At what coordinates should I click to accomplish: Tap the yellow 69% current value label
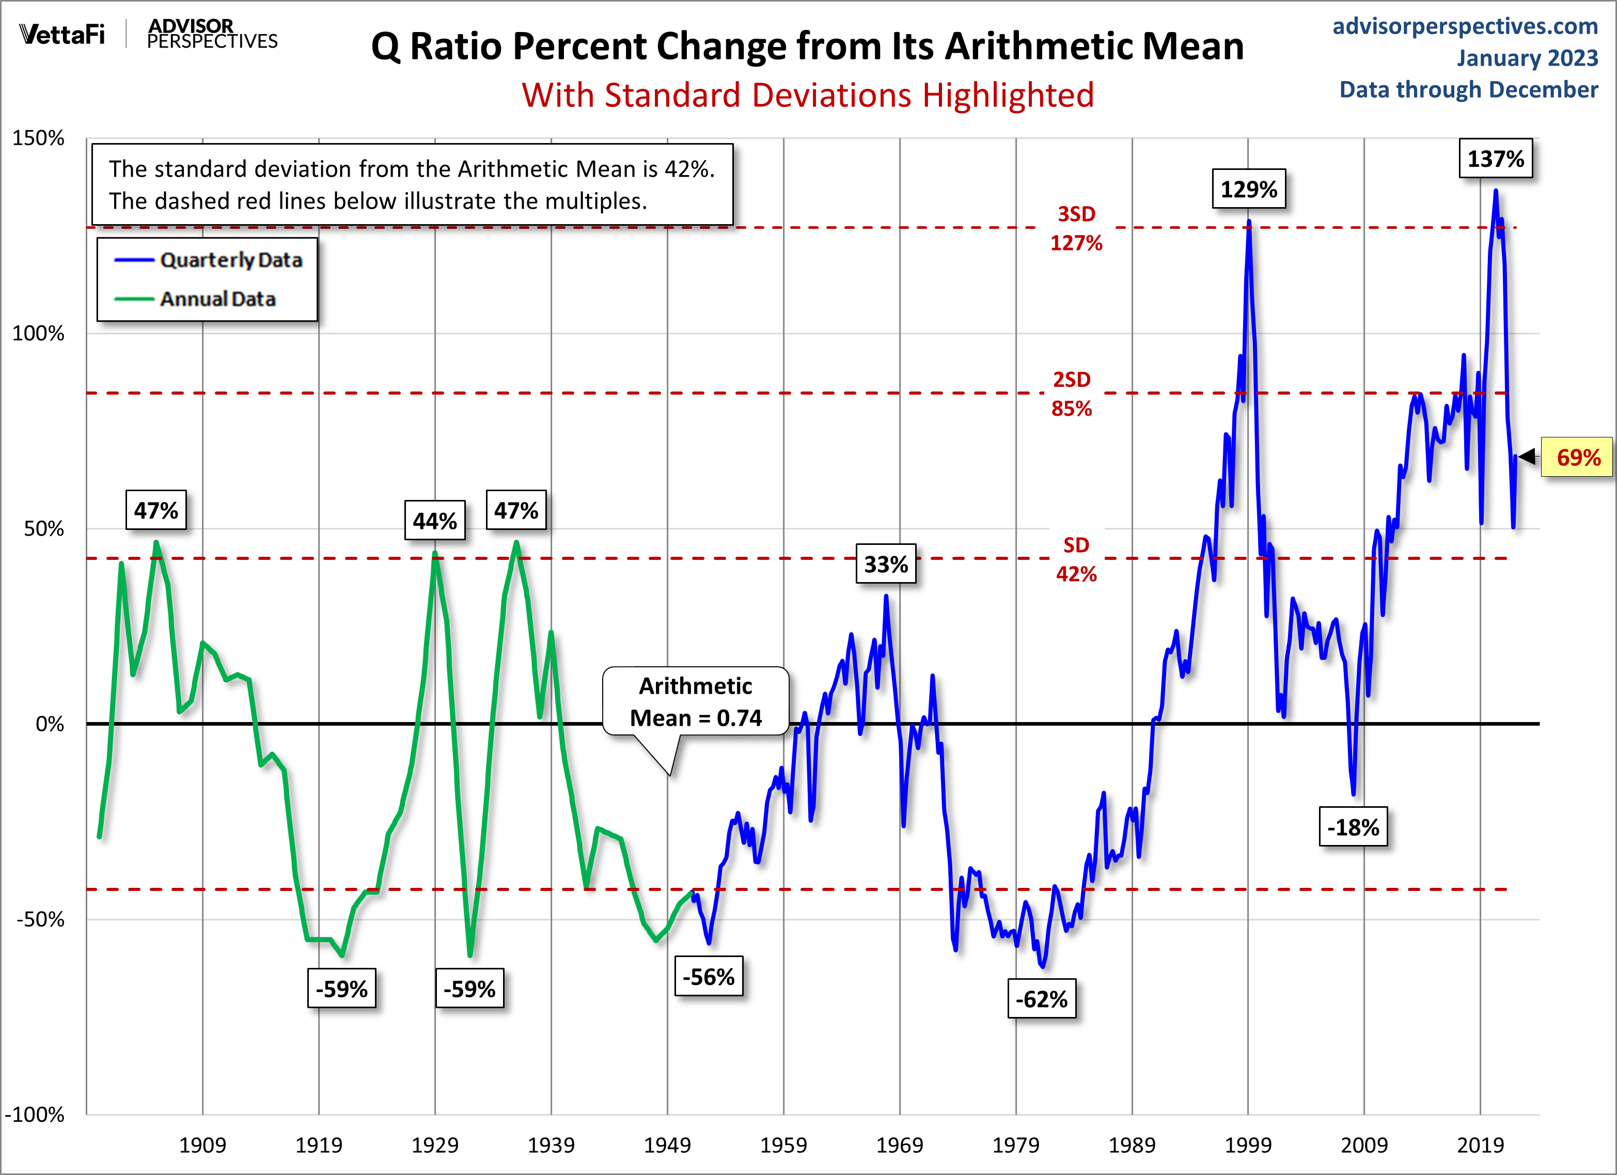click(x=1578, y=457)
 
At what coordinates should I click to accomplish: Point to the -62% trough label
click(x=1041, y=999)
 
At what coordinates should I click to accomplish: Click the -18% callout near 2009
click(x=1353, y=827)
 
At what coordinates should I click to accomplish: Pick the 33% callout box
click(x=886, y=564)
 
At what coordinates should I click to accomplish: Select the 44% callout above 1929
click(x=434, y=521)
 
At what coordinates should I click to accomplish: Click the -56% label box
click(x=708, y=976)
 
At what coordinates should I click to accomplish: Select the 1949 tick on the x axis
click(x=667, y=1145)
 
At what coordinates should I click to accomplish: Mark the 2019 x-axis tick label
click(x=1480, y=1145)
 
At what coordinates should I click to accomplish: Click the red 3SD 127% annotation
click(x=1076, y=228)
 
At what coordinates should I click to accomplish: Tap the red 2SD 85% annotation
click(x=1072, y=394)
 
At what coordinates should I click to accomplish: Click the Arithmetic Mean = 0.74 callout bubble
click(x=695, y=701)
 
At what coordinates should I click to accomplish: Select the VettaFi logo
click(x=62, y=34)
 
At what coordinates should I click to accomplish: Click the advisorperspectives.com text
click(x=1465, y=26)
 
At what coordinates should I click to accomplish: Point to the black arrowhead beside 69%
click(x=1527, y=456)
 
